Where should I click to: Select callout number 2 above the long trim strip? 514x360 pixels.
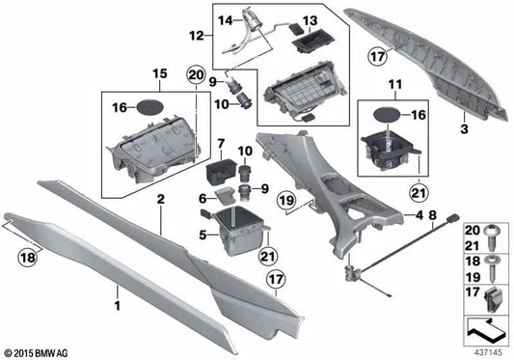[161, 199]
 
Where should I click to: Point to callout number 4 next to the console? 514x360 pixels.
[418, 217]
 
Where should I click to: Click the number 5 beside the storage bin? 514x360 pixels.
[203, 234]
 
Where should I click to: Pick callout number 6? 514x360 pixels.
[203, 199]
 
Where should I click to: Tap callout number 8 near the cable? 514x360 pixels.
[432, 217]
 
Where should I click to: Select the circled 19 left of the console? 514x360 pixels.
[285, 200]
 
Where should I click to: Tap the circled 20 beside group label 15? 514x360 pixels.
[197, 75]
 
